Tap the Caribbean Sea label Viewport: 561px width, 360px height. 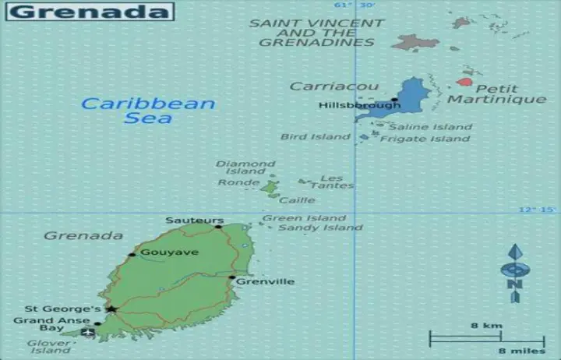point(148,111)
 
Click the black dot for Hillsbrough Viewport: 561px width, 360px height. point(394,99)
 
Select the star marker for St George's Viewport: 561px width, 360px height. point(111,309)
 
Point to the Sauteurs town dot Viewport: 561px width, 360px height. point(218,227)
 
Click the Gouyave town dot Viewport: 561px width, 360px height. point(132,254)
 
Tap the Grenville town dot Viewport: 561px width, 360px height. point(231,277)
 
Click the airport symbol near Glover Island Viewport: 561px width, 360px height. point(88,333)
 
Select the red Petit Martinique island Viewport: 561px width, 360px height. point(464,82)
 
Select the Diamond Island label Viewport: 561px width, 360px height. point(245,168)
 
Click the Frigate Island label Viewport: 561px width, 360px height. point(425,139)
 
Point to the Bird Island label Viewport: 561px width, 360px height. point(316,137)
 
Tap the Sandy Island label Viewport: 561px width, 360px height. point(320,228)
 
